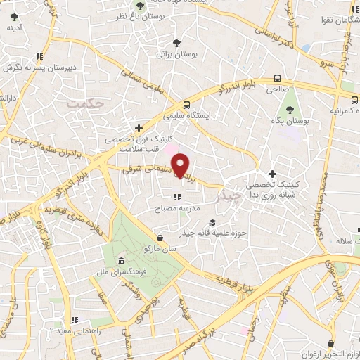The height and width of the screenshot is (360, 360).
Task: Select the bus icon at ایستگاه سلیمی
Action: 186,103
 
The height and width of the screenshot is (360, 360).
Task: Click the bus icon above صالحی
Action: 278,79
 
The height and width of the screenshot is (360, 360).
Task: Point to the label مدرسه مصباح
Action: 179,210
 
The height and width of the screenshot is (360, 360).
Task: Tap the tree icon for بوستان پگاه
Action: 290,110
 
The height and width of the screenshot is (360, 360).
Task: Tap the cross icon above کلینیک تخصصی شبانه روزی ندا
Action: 273,174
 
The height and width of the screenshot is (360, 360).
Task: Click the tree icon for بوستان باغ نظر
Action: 140,6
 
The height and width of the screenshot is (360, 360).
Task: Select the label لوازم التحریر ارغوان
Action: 324,352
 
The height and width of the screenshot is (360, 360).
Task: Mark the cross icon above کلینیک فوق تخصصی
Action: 140,128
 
